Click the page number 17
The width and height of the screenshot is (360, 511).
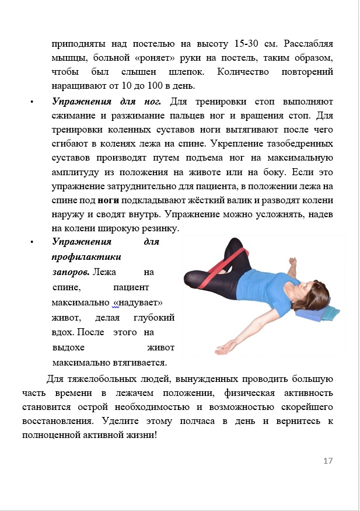(x=327, y=461)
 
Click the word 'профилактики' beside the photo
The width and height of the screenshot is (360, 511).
(x=86, y=256)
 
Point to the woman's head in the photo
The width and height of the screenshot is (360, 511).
(x=312, y=291)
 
